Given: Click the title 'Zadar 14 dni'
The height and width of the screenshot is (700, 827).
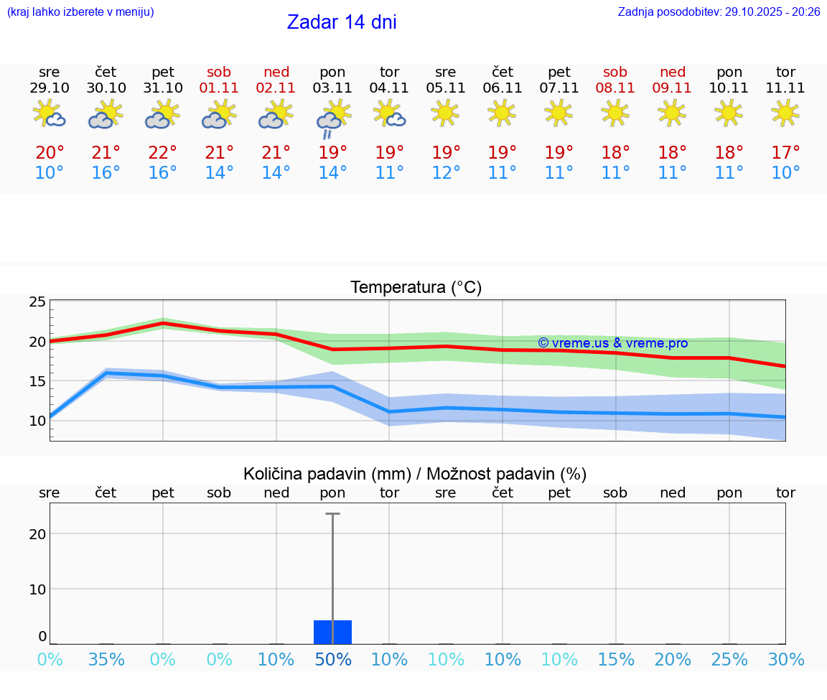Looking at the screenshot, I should point(342,22).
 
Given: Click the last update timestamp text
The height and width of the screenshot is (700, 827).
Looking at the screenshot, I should point(719,11).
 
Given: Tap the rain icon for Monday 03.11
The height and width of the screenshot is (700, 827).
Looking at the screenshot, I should point(332,118).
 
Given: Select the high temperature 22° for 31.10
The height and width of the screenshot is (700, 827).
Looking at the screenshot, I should point(163,153).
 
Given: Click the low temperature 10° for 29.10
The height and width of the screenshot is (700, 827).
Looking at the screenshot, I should point(50,173).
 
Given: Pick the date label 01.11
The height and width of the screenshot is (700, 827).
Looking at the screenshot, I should point(220,88).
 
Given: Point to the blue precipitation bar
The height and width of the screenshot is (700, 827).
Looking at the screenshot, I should point(332,632).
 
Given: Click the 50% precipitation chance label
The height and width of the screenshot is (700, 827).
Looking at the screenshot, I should point(332,659).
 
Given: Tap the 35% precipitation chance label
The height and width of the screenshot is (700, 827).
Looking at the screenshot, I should point(106,659).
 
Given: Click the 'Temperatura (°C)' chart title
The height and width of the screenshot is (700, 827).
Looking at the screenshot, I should point(416,288).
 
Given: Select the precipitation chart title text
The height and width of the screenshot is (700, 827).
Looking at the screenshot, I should point(415,474).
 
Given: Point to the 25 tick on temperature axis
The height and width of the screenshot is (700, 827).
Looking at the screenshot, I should point(37,302).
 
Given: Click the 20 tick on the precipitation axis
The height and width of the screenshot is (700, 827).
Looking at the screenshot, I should point(37,533).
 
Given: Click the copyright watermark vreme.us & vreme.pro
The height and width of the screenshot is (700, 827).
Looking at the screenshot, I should point(612,343).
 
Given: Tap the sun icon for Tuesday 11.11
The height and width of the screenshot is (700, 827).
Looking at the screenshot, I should point(785,113).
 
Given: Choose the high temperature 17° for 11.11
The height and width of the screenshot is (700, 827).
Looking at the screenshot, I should point(785,153).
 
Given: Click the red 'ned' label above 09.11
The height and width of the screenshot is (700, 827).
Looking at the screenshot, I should point(673,72).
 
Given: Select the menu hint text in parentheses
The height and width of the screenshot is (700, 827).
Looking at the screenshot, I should point(80,11).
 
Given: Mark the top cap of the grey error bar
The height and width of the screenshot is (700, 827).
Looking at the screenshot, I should point(332,514).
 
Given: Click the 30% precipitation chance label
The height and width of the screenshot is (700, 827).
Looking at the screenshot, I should point(785,659).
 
